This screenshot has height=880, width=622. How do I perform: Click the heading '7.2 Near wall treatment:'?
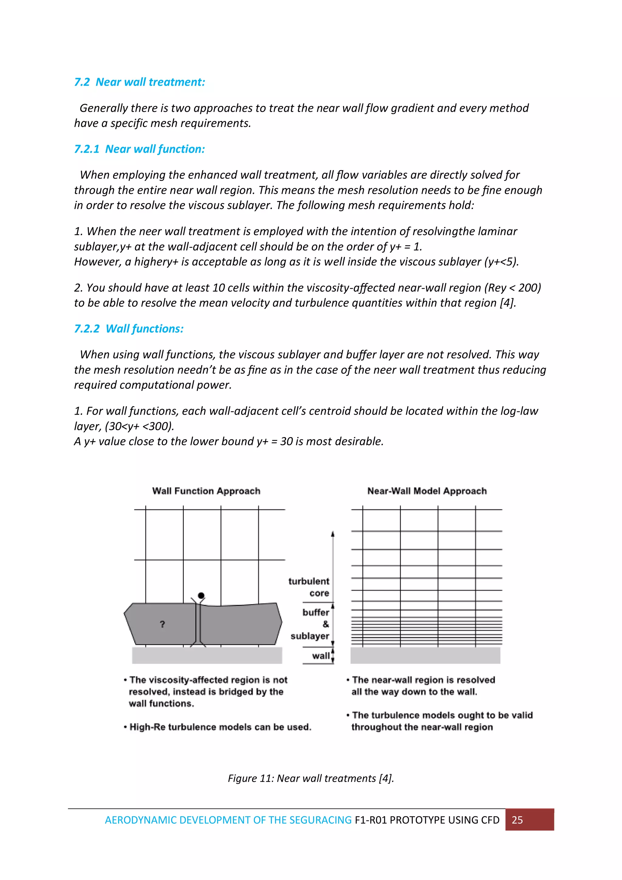pos(139,82)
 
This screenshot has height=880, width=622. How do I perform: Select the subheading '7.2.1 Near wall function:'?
pos(139,149)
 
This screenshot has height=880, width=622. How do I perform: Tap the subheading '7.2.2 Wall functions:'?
pos(129,329)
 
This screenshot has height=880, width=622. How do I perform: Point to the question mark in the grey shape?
pos(162,624)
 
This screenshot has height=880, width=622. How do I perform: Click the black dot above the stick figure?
pos(201,595)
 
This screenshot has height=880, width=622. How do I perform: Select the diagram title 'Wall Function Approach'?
pos(206,491)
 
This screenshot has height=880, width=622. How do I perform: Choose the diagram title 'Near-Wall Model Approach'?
pos(427,491)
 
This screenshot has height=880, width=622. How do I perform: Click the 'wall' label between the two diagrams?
pos(320,656)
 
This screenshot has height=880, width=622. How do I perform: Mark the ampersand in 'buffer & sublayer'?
pos(326,624)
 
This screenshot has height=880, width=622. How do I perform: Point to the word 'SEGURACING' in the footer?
pos(320,820)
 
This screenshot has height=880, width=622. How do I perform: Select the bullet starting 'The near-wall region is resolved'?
pos(422,686)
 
